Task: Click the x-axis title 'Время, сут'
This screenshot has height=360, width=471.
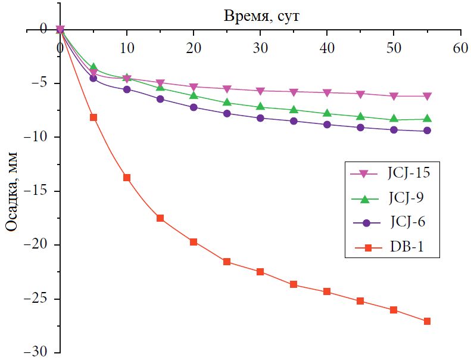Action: [261, 15]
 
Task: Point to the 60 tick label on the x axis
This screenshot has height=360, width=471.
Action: [460, 48]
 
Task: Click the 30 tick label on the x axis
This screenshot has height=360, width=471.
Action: [260, 48]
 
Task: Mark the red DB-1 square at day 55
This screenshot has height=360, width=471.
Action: [427, 321]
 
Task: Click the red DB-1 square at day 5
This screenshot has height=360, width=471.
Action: [93, 117]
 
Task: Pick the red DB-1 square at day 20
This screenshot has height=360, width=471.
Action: [194, 242]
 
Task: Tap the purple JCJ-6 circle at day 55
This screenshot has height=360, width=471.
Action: [427, 131]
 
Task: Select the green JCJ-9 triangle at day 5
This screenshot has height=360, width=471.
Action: [93, 67]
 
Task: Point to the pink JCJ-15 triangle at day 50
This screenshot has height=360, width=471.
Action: [394, 96]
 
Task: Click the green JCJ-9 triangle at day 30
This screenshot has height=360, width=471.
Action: [260, 107]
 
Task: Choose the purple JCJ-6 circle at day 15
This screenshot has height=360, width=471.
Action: [160, 99]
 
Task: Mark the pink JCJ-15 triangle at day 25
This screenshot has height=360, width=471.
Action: [227, 89]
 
